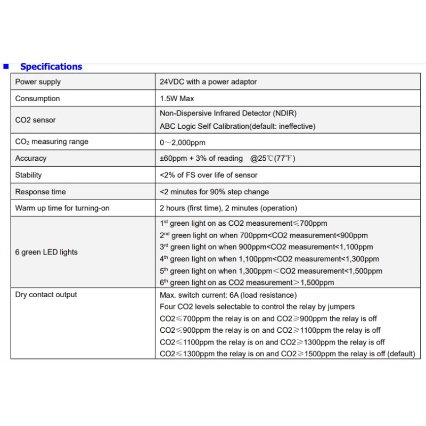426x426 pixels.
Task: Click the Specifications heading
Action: [51, 67]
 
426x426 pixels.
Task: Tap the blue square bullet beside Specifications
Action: [6, 67]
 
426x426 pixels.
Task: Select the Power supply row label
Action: [38, 82]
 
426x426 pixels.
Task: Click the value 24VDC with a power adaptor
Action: [208, 82]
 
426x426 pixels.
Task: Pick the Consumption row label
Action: [37, 99]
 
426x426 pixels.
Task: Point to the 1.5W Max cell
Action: [177, 99]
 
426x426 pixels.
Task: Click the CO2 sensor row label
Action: [35, 120]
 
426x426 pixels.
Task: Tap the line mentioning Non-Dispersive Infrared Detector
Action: [228, 113]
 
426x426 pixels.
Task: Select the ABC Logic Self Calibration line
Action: [237, 126]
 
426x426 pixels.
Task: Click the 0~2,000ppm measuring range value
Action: [183, 142]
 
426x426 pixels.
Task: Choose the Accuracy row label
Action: [31, 158]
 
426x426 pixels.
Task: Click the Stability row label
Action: [28, 175]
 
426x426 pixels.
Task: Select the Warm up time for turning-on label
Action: [62, 208]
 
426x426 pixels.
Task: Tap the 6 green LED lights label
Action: [46, 252]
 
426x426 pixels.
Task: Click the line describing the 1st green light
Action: [243, 224]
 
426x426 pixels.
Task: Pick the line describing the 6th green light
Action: [247, 283]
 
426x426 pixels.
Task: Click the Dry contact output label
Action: [46, 294]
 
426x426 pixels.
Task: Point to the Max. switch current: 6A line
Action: [228, 295]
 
